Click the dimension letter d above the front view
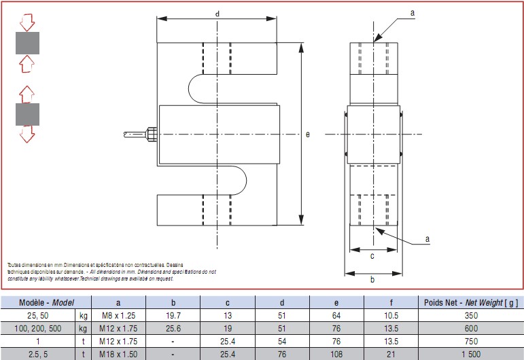coord(217,14)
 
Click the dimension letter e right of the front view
coord(307,134)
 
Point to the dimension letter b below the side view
coord(372,279)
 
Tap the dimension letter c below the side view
coord(372,256)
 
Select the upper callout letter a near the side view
coord(412,12)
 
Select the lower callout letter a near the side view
coord(427,238)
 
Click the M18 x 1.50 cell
coord(118,354)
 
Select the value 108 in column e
coord(337,354)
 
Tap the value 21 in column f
coord(391,354)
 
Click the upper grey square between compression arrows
coord(27,43)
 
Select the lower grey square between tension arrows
coord(27,114)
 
